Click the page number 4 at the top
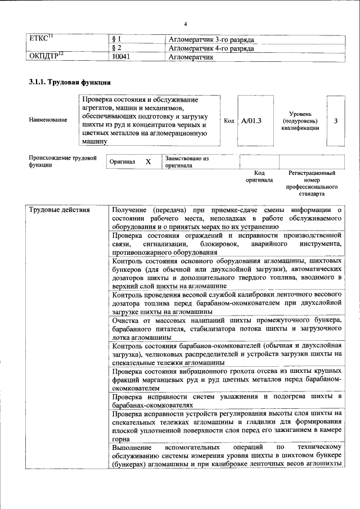click(x=184, y=24)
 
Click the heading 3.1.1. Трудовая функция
click(x=69, y=82)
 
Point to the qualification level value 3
click(x=336, y=120)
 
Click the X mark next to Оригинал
click(x=148, y=162)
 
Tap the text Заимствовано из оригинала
click(x=187, y=163)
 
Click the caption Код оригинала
click(x=259, y=177)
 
